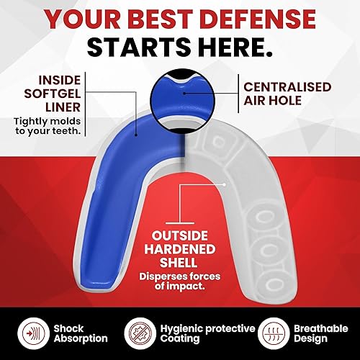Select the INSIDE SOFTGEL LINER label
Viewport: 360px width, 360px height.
tap(40, 90)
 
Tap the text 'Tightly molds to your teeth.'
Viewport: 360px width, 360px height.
tap(42, 125)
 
